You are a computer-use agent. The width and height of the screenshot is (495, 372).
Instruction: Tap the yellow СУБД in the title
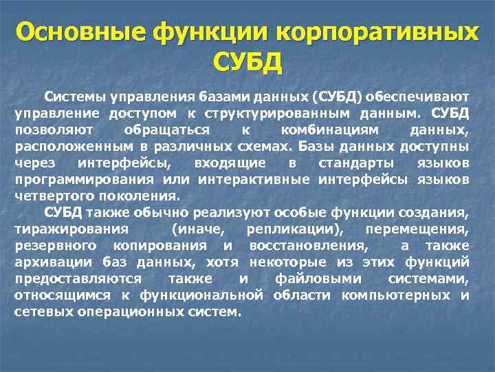click(247, 63)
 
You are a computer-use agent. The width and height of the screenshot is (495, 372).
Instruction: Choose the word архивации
click(47, 262)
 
